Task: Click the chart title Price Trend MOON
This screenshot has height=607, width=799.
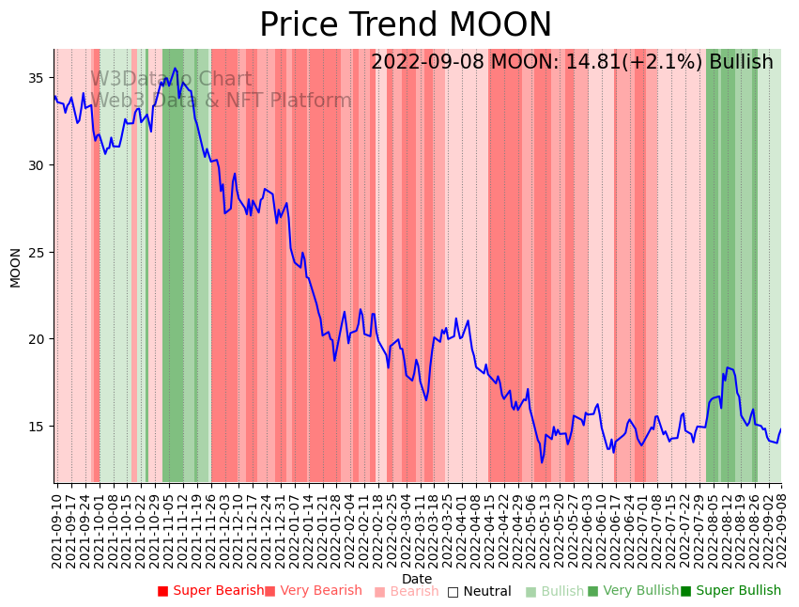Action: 406,25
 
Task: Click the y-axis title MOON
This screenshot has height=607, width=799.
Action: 15,267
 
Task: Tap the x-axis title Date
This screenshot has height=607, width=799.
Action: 417,579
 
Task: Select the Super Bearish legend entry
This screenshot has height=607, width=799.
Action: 211,591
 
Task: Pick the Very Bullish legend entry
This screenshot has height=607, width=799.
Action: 633,591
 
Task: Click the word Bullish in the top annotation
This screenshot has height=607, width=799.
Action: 741,62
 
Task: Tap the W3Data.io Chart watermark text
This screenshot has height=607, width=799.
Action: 171,80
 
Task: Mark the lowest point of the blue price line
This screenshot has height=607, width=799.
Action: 542,462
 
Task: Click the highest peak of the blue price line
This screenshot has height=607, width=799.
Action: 175,68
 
